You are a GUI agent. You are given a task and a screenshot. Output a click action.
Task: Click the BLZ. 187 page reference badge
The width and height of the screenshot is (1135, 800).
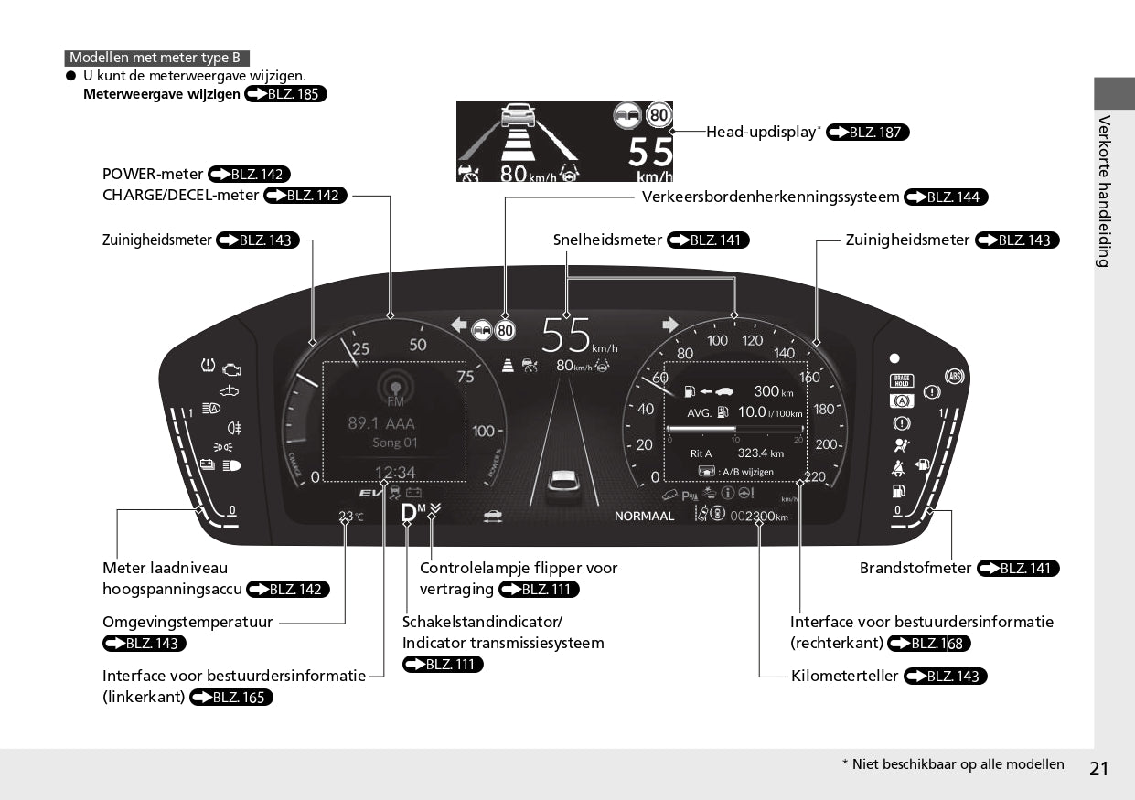click(x=867, y=133)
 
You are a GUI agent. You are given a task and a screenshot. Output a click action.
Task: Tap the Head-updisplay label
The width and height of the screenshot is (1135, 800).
click(x=763, y=132)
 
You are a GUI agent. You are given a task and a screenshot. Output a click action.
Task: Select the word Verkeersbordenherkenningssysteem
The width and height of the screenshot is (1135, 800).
click(x=770, y=197)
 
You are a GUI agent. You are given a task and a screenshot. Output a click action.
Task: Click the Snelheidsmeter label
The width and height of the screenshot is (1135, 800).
click(x=607, y=240)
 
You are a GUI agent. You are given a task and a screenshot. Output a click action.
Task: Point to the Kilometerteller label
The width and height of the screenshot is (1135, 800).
click(x=844, y=677)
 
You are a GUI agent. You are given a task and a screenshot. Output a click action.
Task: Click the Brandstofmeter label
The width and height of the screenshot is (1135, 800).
click(x=915, y=568)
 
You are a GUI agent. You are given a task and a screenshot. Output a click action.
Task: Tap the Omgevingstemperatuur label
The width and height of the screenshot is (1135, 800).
click(x=187, y=622)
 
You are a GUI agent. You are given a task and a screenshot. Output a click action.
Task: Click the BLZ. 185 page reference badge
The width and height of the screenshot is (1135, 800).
click(x=285, y=94)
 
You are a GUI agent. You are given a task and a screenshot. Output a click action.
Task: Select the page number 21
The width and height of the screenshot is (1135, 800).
click(x=1099, y=768)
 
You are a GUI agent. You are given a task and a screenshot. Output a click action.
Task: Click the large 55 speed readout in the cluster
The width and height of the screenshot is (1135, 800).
click(x=566, y=335)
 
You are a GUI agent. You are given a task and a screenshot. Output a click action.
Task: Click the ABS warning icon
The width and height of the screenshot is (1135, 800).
click(x=955, y=377)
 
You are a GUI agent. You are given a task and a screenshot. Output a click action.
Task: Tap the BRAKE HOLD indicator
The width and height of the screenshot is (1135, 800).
click(x=901, y=382)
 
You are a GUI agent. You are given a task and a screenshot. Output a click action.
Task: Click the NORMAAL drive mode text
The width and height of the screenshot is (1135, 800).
click(x=644, y=517)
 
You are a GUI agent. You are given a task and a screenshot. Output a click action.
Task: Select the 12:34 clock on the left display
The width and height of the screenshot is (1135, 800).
click(x=395, y=473)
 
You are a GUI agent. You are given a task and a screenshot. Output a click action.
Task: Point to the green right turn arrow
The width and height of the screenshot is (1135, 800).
click(x=670, y=325)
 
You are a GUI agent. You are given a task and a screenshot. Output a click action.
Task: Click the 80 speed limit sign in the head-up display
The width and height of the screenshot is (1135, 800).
click(x=659, y=115)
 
